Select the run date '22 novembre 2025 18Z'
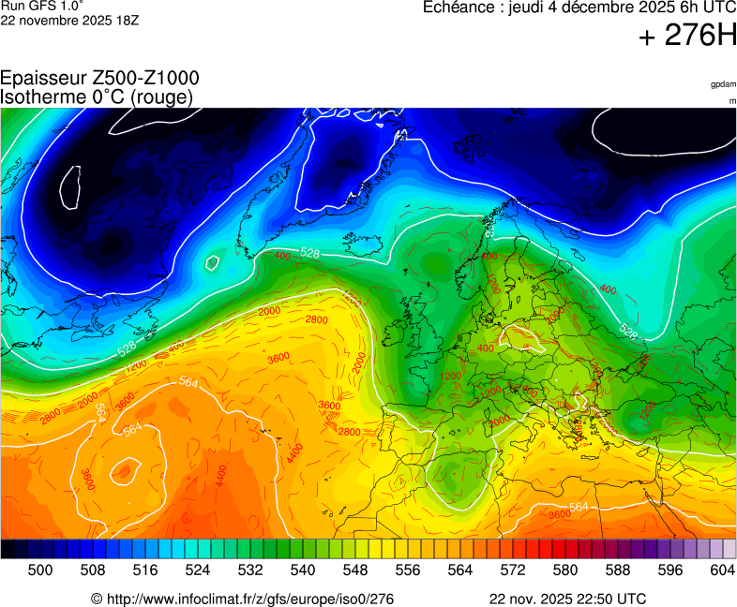tap(69, 21)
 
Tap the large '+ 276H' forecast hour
tap(687, 37)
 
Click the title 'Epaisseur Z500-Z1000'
tap(99, 79)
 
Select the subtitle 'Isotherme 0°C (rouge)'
tap(97, 96)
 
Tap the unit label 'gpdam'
tap(723, 84)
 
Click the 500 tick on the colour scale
tap(40, 569)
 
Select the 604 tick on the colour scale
tap(722, 569)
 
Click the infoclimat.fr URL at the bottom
tap(242, 599)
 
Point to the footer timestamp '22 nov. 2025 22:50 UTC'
tap(567, 599)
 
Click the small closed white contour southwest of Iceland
tap(213, 263)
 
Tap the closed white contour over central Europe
tap(523, 336)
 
